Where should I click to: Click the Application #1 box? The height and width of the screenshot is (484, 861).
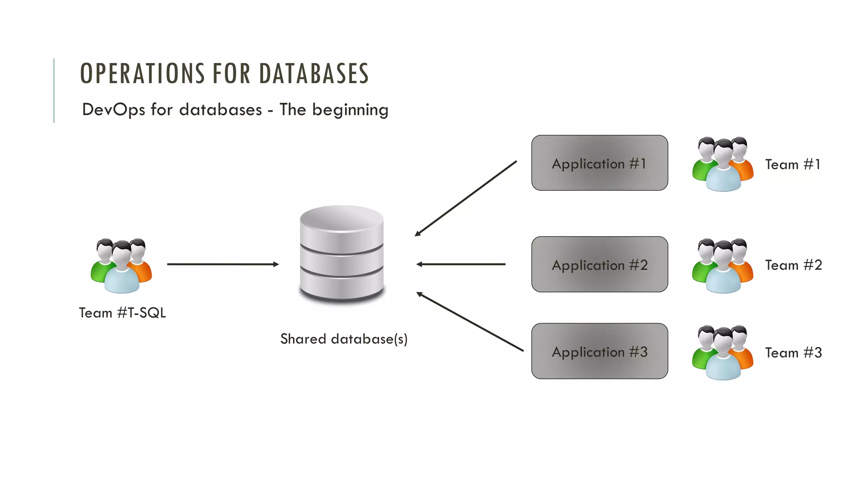(x=600, y=163)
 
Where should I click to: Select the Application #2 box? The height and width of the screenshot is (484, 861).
(x=600, y=264)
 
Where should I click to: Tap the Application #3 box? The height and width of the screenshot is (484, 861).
(x=600, y=351)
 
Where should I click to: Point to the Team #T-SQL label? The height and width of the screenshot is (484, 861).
(x=122, y=313)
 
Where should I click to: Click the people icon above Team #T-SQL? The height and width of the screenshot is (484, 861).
(x=121, y=266)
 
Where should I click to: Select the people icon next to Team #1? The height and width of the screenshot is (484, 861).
(x=723, y=164)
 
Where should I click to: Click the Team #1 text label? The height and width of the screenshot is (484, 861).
(x=792, y=164)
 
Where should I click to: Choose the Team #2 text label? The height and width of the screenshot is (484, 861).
(x=793, y=265)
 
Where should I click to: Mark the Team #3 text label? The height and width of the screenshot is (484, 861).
(x=793, y=352)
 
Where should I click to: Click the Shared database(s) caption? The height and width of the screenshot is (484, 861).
(x=344, y=339)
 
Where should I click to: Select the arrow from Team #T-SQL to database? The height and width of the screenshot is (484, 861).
(x=223, y=264)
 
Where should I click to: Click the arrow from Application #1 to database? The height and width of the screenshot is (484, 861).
(x=466, y=198)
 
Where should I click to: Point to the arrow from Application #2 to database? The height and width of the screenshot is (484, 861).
(x=461, y=264)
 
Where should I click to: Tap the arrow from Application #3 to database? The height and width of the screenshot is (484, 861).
(x=470, y=321)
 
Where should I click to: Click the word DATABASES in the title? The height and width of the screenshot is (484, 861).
(x=314, y=74)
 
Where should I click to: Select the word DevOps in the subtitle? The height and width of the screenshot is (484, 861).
(x=114, y=110)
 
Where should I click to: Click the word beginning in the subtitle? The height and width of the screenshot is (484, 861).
(x=350, y=110)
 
